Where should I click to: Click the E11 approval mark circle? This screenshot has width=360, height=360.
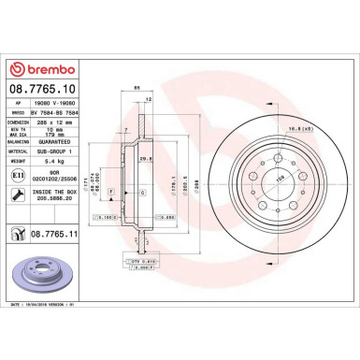tap(19, 174)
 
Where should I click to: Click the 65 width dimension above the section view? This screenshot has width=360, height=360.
tap(137, 87)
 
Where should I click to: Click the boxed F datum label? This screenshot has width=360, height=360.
tap(112, 192)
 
